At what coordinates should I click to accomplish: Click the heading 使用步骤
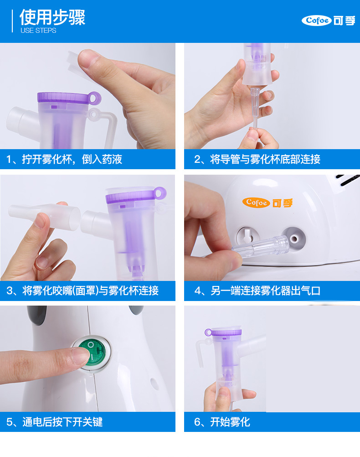(52, 17)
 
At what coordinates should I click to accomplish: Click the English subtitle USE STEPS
(38, 30)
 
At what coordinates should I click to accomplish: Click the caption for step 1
(64, 159)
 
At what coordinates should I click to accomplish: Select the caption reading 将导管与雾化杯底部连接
(257, 159)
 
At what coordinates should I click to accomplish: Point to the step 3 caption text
(82, 291)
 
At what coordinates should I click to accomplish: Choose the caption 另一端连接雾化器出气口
(257, 291)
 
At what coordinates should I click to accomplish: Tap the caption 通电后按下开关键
(55, 422)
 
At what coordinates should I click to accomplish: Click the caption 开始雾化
(222, 422)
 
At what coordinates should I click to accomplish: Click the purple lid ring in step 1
(94, 98)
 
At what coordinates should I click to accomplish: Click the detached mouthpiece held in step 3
(44, 216)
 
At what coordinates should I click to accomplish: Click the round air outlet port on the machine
(293, 239)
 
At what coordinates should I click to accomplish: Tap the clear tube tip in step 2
(256, 108)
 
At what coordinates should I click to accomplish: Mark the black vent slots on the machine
(348, 180)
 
